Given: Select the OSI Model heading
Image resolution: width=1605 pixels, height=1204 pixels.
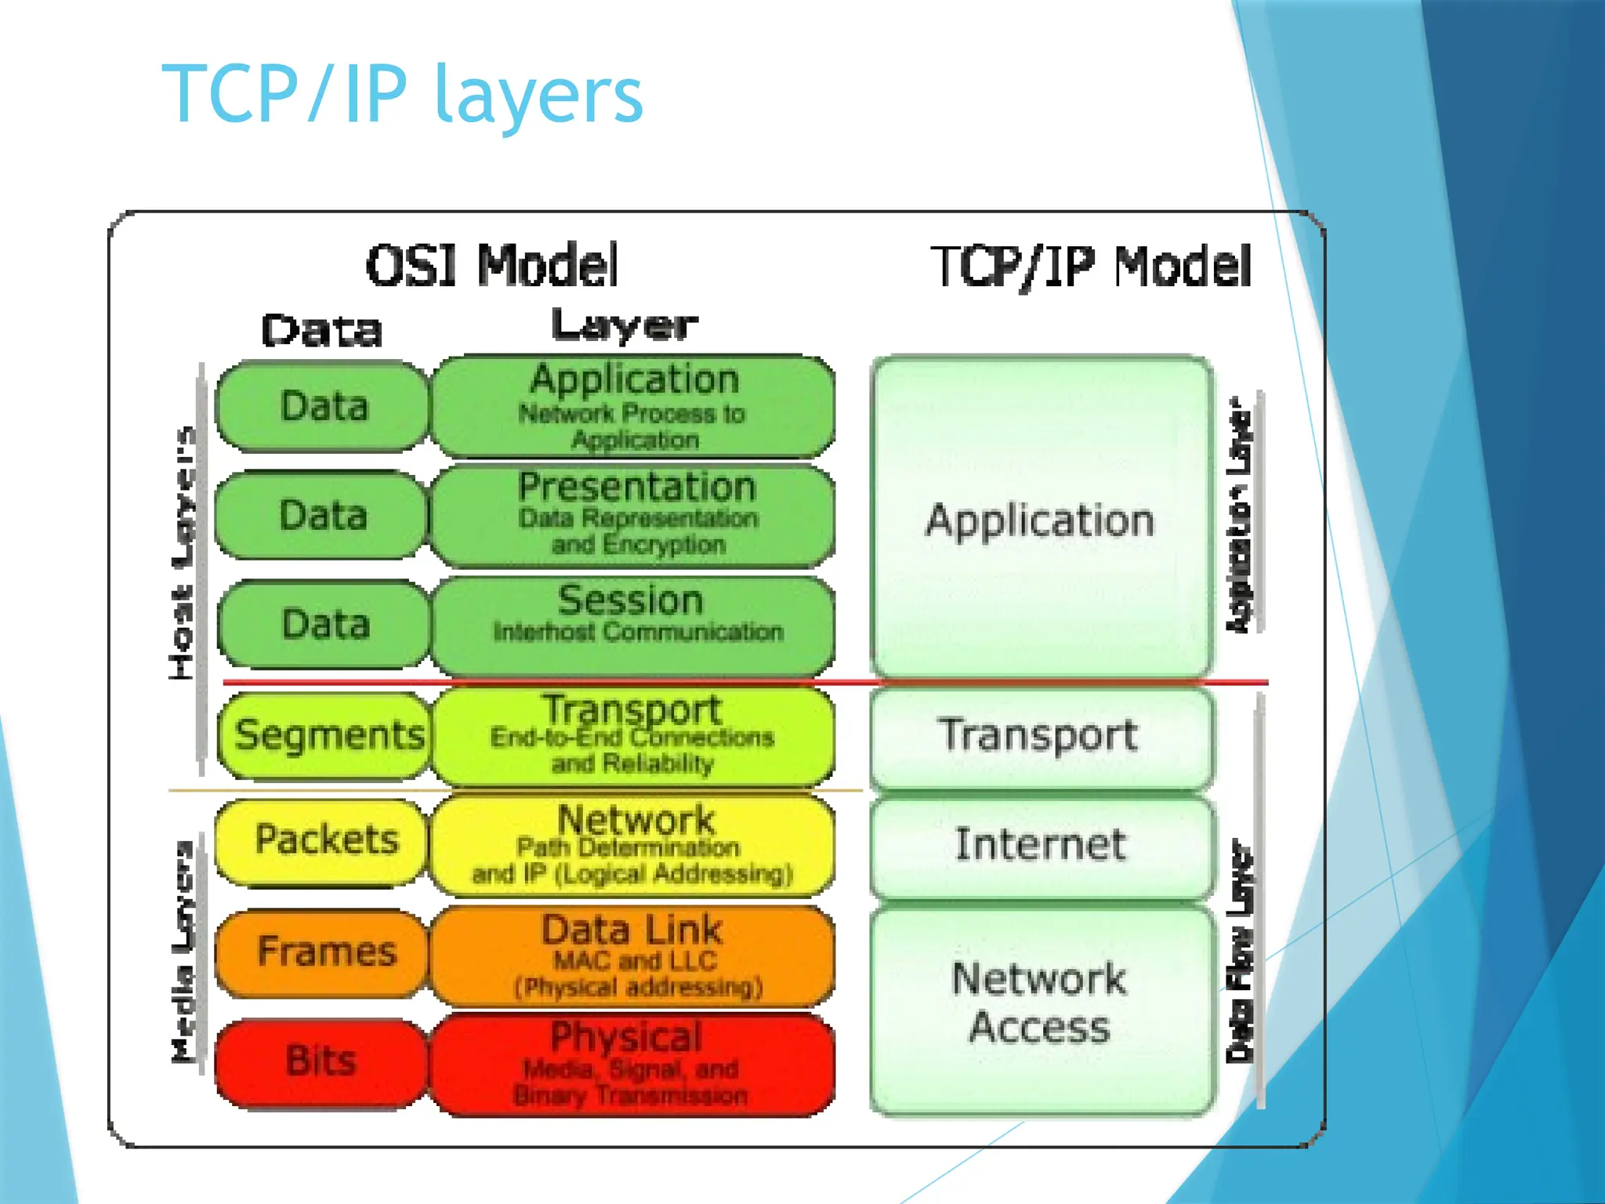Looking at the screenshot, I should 492,265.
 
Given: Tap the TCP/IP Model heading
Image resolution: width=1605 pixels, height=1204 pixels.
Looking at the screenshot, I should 1090,267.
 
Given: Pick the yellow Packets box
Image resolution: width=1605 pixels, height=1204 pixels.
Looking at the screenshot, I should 324,840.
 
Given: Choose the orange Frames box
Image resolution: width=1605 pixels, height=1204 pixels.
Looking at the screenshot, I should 324,952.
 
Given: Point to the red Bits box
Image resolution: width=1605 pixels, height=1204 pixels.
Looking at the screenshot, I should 321,1061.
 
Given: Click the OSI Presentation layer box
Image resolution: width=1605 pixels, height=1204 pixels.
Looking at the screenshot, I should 633,515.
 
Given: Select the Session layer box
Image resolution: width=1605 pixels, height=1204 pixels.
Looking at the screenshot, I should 633,625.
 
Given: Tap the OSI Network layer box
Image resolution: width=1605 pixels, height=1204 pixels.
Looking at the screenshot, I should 633,845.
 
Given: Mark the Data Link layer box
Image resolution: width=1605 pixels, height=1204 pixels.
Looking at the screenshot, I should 633,955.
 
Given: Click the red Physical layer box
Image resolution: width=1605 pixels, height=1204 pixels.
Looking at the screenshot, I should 633,1064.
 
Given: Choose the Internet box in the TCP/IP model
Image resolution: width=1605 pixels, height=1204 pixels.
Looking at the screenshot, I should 1041,845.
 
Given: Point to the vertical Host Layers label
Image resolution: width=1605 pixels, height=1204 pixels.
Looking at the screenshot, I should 182,553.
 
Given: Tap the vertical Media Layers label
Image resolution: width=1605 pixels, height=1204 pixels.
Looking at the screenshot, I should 183,952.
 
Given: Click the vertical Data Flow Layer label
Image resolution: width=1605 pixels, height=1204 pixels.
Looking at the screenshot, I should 1239,952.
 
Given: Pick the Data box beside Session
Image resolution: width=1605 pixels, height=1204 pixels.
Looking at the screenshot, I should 324,625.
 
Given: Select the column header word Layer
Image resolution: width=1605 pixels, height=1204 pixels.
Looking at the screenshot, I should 624,326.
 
